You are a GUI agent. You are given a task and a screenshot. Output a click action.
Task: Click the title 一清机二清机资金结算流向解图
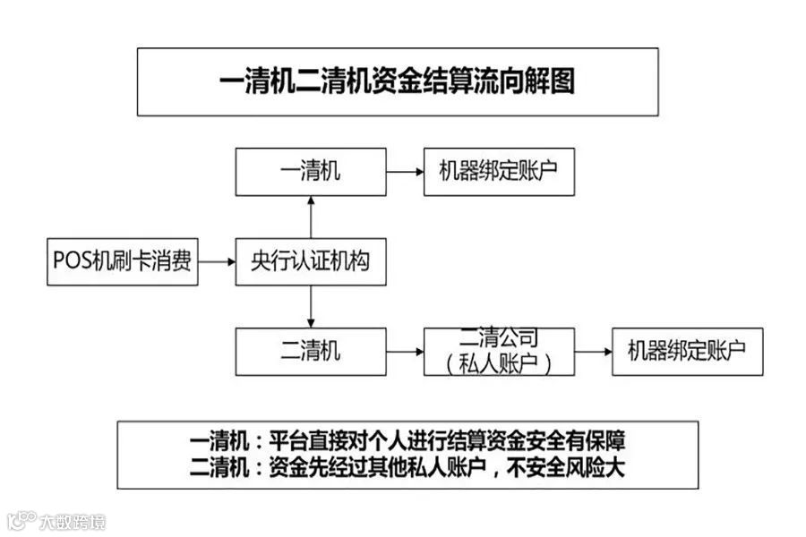coord(397,82)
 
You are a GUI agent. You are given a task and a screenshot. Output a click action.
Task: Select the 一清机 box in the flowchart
coord(311,172)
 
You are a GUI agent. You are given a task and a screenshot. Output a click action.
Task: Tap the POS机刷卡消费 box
coord(122,262)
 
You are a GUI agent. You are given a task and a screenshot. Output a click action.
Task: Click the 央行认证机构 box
coord(311,262)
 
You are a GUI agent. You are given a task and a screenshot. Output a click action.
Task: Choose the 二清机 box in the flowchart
coord(311,351)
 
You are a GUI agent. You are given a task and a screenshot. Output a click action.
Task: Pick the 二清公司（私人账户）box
coord(499,351)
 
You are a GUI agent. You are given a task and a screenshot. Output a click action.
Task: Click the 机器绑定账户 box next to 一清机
coord(499,172)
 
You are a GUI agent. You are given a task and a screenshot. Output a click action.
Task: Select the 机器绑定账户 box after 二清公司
coord(687,351)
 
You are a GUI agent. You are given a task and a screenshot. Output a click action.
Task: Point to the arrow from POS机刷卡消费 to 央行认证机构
coord(217,262)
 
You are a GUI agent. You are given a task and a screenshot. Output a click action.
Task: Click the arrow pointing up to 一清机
coord(311,217)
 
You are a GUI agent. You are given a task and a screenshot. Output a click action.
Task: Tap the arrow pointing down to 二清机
coord(311,307)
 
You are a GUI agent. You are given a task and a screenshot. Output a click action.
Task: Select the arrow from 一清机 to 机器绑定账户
coord(405,172)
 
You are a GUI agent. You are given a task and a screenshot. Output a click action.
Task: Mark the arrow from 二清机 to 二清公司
coord(405,351)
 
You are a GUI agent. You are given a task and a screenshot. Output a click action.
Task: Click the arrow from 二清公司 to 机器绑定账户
coord(593,351)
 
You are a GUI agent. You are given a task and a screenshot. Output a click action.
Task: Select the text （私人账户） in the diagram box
coord(499,362)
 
